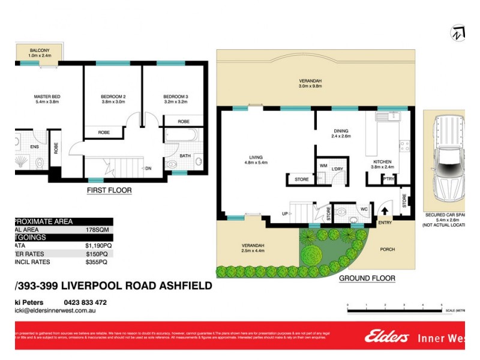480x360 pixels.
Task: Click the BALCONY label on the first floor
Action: click(40, 50)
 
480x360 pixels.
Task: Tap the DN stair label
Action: click(148, 168)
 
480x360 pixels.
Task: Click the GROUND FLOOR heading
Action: click(367, 278)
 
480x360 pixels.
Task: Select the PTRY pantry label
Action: click(389, 178)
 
